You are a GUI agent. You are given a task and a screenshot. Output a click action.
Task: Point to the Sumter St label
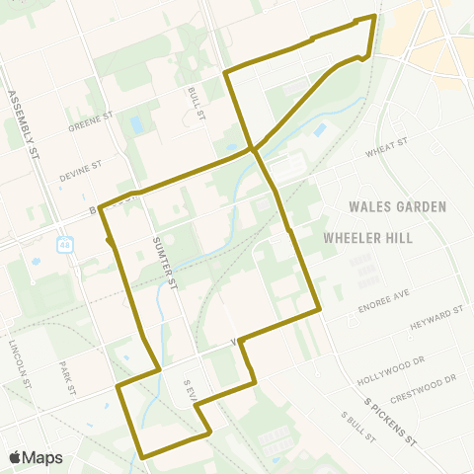point(163,261)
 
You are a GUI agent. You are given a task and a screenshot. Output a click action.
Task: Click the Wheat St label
point(386,147)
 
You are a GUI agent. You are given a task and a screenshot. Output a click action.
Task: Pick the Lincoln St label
point(21,360)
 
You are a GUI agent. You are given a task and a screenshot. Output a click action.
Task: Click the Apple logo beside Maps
point(16,457)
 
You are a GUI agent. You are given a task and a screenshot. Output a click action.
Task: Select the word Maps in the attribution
point(42,457)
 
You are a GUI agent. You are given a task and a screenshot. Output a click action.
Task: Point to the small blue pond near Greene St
point(135,125)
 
